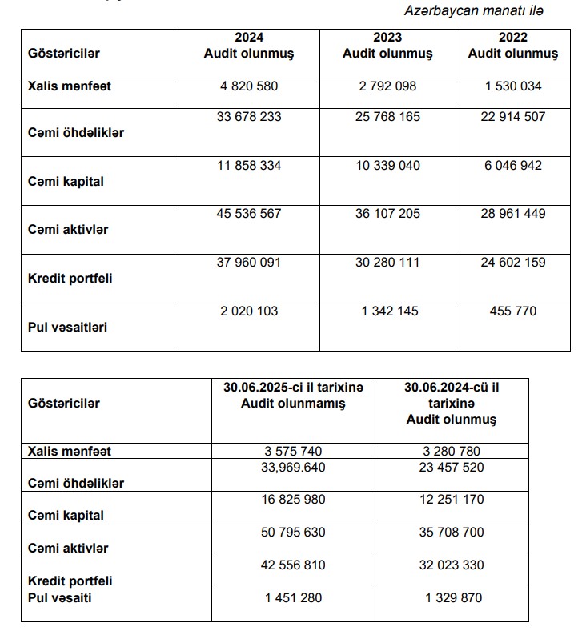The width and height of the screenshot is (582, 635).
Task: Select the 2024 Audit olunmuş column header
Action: (249, 46)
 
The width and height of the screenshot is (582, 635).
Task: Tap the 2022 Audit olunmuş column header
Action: (512, 46)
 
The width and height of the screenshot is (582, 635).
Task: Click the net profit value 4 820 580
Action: (249, 86)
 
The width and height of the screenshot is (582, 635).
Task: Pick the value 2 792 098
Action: (387, 86)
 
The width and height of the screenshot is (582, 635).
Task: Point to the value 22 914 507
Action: (512, 117)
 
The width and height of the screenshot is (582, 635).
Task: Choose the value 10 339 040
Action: (387, 166)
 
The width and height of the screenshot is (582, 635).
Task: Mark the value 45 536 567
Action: (249, 214)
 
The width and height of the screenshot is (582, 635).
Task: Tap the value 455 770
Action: (512, 311)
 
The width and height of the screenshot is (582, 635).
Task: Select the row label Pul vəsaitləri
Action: (68, 327)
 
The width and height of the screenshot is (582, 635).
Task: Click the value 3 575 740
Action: (293, 451)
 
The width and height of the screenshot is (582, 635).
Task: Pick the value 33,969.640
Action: (293, 467)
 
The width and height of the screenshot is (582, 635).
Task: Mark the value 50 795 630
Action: (293, 532)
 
